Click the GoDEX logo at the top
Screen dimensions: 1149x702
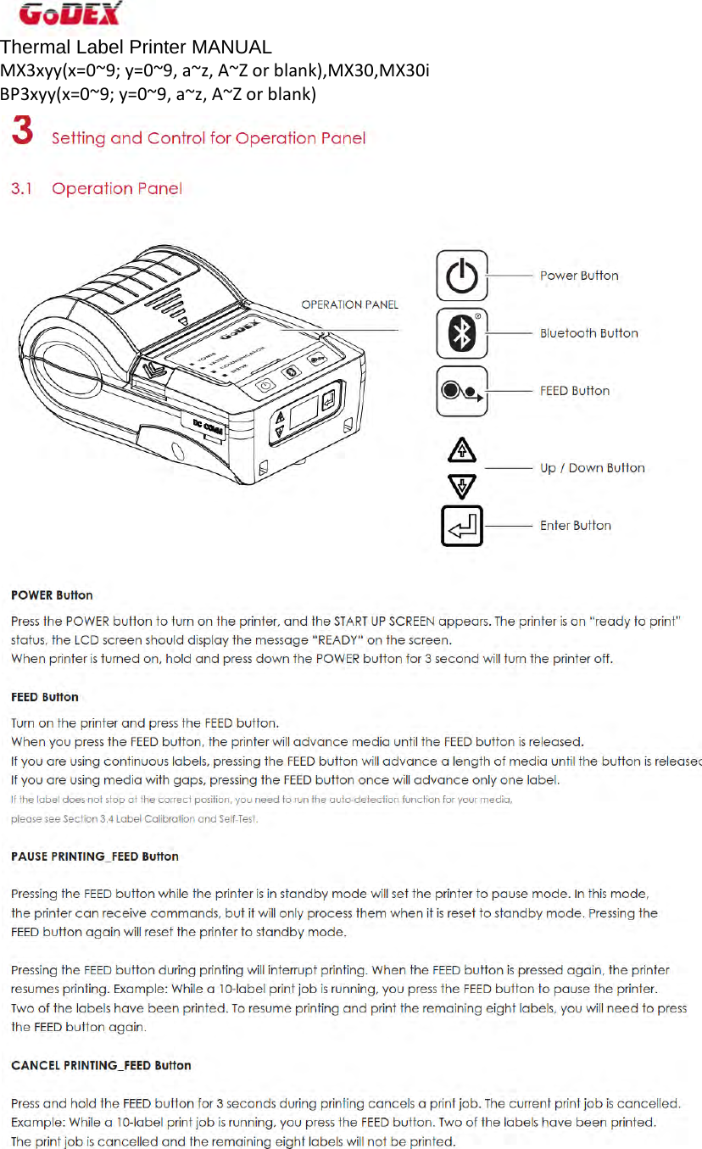click(70, 14)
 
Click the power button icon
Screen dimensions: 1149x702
click(461, 276)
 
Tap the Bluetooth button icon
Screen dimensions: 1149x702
click(461, 333)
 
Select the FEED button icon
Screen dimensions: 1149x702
click(461, 391)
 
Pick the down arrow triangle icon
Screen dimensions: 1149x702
click(461, 486)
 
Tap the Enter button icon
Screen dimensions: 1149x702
click(461, 526)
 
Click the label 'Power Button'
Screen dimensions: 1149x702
click(579, 276)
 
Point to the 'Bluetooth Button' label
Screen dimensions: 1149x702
click(588, 333)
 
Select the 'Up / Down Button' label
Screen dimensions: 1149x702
click(592, 468)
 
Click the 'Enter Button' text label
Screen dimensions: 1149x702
click(575, 526)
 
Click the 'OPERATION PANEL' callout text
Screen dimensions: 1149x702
click(349, 304)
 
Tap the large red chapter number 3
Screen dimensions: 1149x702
click(23, 134)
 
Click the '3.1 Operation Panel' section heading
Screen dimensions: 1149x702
click(96, 189)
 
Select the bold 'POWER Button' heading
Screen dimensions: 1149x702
click(52, 595)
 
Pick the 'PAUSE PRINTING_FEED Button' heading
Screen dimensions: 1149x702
click(95, 856)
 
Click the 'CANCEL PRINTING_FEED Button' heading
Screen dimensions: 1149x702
click(101, 1065)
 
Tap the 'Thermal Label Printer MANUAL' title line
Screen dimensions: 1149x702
click(136, 47)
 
